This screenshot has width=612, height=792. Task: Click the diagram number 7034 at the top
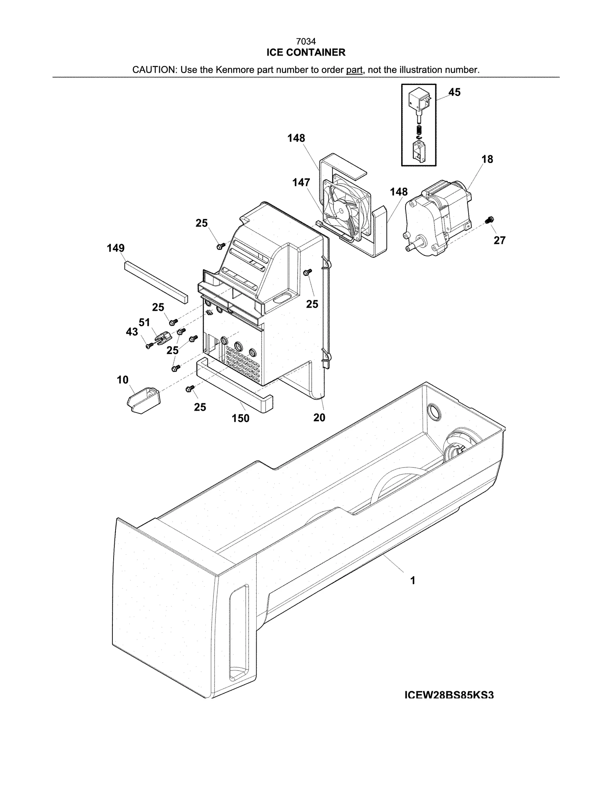[x=306, y=41]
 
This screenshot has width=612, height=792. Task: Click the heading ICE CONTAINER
[x=306, y=52]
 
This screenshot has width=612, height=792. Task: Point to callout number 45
[x=454, y=92]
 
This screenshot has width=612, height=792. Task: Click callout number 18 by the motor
[x=487, y=159]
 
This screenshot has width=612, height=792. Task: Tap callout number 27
[x=499, y=240]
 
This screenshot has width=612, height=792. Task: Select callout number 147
[x=301, y=183]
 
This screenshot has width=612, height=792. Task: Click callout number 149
[x=116, y=248]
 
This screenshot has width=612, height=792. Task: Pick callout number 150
[x=240, y=418]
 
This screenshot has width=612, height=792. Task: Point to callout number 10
[x=122, y=380]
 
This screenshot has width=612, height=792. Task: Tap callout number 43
[x=132, y=332]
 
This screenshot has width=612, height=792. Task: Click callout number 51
[x=144, y=322]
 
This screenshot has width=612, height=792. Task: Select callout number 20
[x=319, y=418]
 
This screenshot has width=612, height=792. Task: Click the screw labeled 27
[x=488, y=220]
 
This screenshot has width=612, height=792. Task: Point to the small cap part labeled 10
[x=143, y=399]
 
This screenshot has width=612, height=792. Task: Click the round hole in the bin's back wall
[x=434, y=411]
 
